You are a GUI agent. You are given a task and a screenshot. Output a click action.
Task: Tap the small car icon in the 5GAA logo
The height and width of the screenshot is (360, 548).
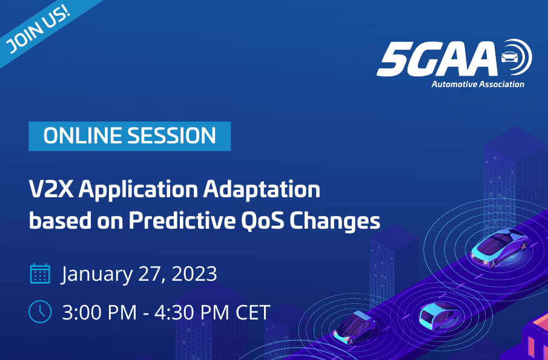click(510, 56)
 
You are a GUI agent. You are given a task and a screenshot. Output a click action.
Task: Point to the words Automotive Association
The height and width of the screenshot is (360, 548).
click(478, 84)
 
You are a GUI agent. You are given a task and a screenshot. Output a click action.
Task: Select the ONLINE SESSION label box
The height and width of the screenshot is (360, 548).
click(130, 136)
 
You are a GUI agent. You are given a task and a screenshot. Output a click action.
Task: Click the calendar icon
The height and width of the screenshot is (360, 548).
click(40, 273)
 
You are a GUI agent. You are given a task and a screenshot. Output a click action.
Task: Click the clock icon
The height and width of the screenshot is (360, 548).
click(40, 312)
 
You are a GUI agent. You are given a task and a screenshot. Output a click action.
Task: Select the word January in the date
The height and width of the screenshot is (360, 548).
click(97, 274)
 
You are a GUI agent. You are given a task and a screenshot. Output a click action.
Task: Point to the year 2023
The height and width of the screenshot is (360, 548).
click(194, 273)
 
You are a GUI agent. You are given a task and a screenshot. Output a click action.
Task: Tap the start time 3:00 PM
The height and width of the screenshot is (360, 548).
click(99, 312)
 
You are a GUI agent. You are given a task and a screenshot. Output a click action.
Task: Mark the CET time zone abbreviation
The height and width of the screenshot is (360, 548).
click(253, 312)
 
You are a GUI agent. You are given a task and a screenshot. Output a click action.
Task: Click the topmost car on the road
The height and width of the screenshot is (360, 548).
click(500, 247)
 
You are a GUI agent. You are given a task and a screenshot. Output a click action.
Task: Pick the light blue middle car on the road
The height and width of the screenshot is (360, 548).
click(440, 316)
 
